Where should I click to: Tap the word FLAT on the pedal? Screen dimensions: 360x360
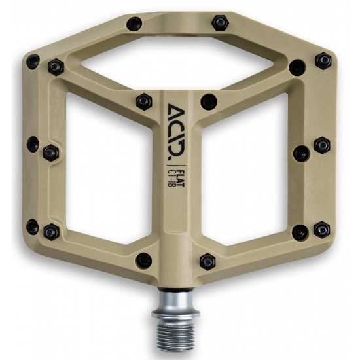(x=181, y=178)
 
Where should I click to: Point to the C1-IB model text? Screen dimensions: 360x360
(x=171, y=178)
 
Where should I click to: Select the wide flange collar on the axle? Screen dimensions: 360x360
(x=175, y=314)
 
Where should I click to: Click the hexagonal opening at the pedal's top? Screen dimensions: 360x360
(x=177, y=63)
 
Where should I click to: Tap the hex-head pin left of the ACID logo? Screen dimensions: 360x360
(x=144, y=101)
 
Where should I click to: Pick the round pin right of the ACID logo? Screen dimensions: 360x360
(x=209, y=101)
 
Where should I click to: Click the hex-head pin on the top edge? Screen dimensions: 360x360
(x=220, y=23)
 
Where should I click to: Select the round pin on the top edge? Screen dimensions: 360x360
(x=134, y=24)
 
